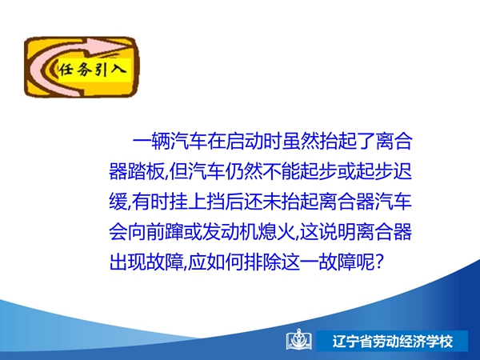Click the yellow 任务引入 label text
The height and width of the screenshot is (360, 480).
93,70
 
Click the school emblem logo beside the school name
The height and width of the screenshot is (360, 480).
299,340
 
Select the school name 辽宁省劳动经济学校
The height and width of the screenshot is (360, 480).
393,341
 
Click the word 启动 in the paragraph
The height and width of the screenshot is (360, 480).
244,141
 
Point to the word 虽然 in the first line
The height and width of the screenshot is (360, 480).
301,141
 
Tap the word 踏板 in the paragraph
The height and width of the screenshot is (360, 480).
146,171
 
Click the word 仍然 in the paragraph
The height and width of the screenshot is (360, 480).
244,171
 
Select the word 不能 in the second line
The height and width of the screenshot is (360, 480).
282,171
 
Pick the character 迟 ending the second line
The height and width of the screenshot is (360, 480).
402,171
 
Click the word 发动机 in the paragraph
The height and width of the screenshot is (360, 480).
230,232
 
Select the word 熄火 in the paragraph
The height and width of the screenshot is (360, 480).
277,232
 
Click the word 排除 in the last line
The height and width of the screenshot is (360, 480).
262,262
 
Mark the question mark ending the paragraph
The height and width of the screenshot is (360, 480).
379,262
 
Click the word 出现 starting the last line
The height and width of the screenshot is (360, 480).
128,262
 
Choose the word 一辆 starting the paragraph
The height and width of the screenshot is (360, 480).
151,141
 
